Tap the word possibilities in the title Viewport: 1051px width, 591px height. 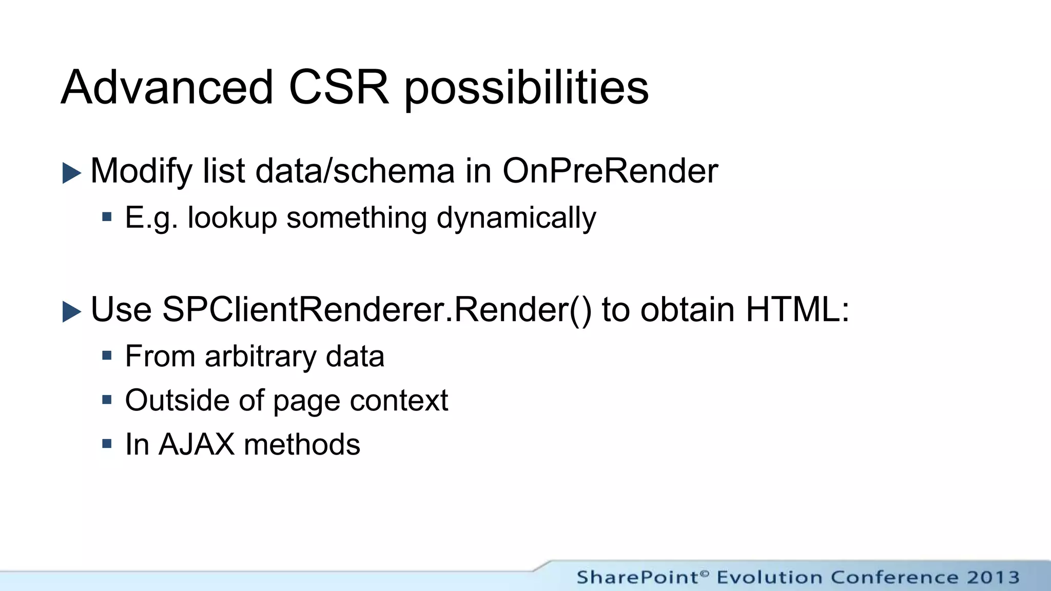click(527, 90)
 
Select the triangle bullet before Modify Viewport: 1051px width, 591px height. click(71, 173)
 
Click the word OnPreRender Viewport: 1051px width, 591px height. click(610, 171)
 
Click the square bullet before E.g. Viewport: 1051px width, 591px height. click(107, 217)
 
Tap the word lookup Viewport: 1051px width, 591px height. click(232, 219)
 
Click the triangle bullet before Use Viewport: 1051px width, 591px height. click(71, 311)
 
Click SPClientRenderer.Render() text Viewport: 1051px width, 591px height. click(377, 310)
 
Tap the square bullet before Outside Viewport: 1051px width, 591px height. click(107, 400)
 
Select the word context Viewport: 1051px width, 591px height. click(399, 401)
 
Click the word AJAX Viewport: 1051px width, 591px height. click(197, 444)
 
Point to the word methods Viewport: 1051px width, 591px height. click(302, 444)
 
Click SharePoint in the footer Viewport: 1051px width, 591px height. click(638, 577)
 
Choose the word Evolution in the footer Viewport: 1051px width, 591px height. click(769, 577)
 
